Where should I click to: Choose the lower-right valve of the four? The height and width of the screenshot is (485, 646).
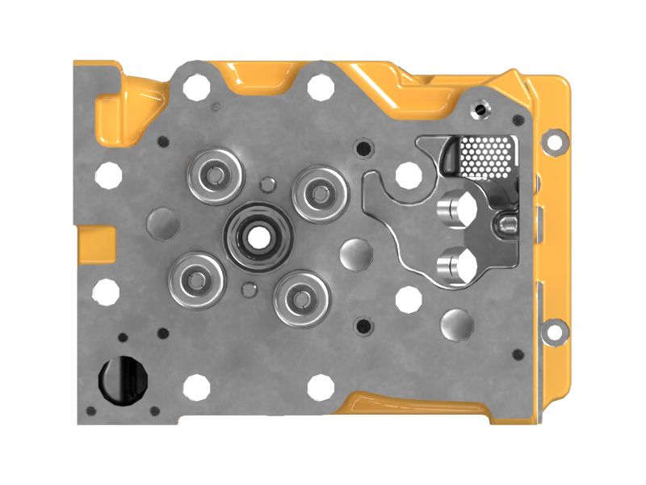301,298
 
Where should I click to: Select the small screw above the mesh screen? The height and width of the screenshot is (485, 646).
482,108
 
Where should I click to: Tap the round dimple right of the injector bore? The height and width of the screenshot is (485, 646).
355,254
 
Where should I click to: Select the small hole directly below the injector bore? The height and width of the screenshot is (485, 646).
248,289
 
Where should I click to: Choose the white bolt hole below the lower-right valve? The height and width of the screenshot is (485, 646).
321,386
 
